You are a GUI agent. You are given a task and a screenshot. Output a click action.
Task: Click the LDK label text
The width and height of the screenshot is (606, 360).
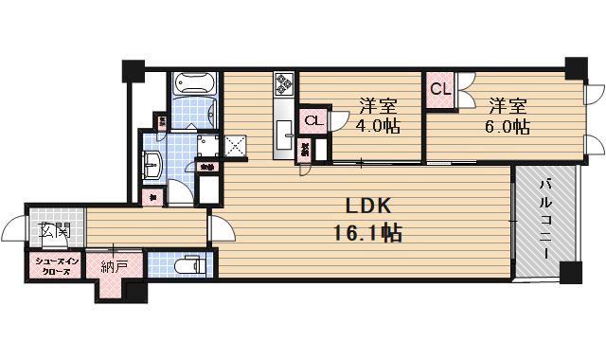(363, 207)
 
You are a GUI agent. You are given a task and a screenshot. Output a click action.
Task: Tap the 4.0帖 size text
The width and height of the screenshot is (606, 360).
(376, 125)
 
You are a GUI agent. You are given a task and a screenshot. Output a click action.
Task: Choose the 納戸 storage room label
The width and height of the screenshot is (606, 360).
(115, 266)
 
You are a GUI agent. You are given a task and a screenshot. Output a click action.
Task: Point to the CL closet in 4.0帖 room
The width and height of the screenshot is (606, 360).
(313, 120)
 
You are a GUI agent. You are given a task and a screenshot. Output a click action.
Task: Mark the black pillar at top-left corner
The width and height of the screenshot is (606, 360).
(133, 70)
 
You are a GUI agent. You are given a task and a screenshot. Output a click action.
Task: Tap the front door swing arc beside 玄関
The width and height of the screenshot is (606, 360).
(12, 229)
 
